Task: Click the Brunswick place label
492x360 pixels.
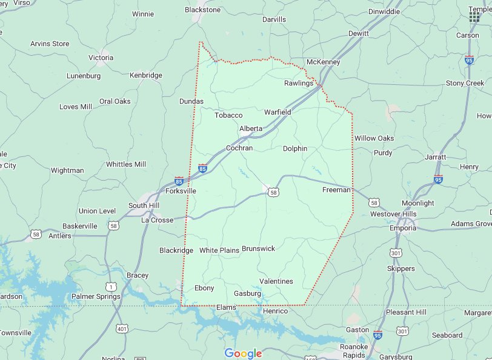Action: coord(258,248)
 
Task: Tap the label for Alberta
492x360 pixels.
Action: coord(251,128)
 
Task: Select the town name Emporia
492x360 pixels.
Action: coord(402,228)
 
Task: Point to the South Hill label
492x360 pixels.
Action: coord(143,205)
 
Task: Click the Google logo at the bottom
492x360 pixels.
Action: coord(243,353)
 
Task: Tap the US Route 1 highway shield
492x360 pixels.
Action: coord(110,287)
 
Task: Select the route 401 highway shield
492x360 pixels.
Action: coord(122,328)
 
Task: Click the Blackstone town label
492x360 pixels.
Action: coord(202,10)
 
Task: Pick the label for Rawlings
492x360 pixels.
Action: coord(299,83)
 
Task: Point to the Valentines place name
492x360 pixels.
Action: coord(276,281)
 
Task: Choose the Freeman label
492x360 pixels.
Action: coord(336,190)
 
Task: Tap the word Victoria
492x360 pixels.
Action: coord(101,58)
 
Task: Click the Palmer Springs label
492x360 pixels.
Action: coord(96,296)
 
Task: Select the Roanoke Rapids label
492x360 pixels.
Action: coord(353,351)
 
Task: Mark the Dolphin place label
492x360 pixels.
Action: coord(295,148)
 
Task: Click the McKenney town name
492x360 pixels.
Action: coord(323,62)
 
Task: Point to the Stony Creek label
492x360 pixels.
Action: coord(465,83)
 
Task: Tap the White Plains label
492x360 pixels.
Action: coord(219,250)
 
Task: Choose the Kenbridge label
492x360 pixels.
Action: coord(146,75)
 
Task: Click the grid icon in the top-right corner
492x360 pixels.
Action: coord(474,17)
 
